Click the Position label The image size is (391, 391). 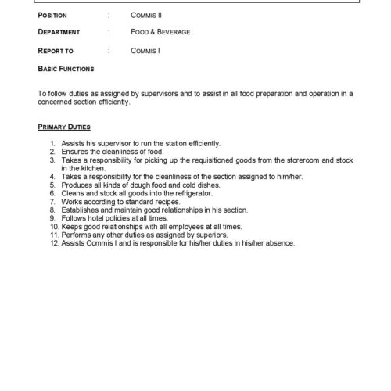click(52, 15)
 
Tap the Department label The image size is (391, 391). click(59, 32)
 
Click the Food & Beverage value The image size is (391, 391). click(161, 32)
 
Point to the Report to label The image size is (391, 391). click(55, 50)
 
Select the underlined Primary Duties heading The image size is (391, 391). click(64, 126)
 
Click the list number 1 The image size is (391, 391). click(52, 143)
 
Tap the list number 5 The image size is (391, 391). click(52, 185)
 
